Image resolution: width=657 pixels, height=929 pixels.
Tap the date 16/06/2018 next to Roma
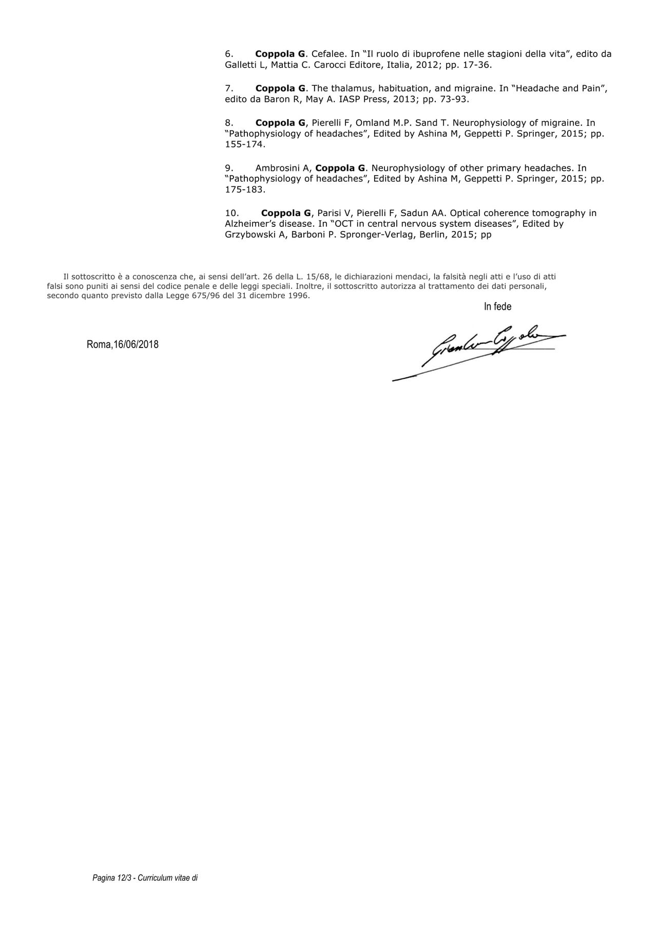(x=136, y=344)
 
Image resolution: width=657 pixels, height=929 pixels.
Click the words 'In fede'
(x=497, y=306)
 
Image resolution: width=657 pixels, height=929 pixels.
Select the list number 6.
(x=229, y=54)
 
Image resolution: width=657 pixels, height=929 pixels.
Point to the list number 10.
(x=231, y=213)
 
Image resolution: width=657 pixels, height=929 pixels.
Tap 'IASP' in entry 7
(x=350, y=99)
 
